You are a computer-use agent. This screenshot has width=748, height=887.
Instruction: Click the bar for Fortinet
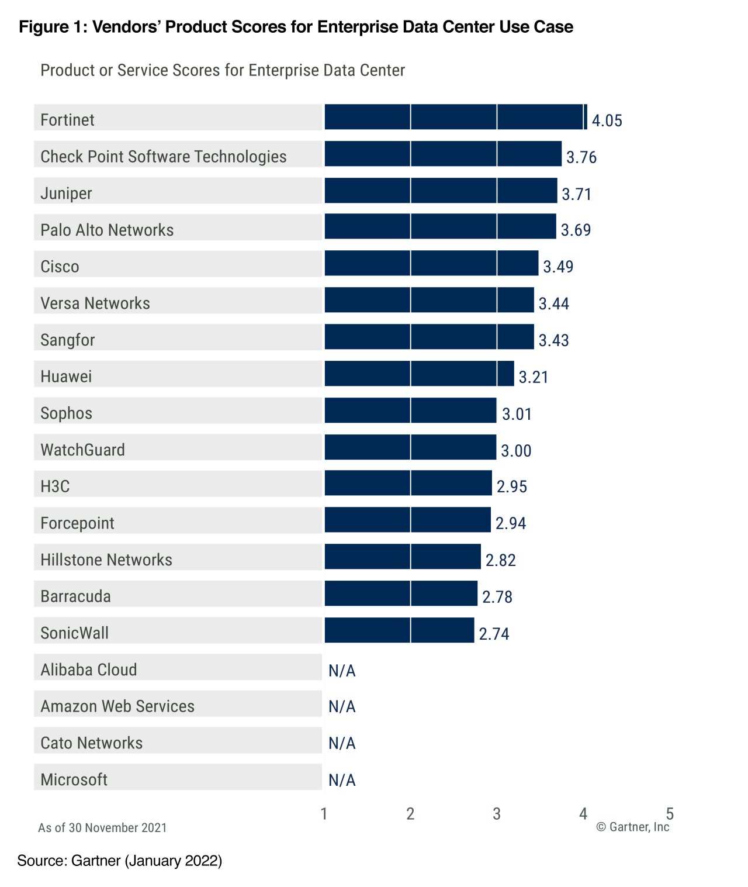point(455,117)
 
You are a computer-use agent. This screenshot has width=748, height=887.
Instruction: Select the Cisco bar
point(431,263)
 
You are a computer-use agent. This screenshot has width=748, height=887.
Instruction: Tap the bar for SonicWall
point(399,630)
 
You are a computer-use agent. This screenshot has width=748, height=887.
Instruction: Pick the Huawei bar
point(419,374)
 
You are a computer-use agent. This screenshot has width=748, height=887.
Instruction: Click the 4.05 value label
point(607,120)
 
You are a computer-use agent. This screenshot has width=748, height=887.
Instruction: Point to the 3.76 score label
point(581,157)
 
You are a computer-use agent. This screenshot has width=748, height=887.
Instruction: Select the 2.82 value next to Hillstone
point(500,560)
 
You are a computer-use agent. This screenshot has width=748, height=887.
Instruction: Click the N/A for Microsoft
point(342,780)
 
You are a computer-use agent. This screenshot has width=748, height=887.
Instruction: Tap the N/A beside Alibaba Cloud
point(342,670)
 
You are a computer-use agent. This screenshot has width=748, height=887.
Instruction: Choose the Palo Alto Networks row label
point(107,230)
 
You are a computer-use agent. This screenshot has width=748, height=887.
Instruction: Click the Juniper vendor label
point(66,193)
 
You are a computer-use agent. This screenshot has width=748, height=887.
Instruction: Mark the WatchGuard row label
point(82,450)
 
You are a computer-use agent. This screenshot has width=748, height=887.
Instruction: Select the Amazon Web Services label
point(117,706)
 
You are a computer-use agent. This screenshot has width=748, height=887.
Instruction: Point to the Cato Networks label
point(91,743)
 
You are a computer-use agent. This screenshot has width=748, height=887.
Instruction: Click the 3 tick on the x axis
point(496,813)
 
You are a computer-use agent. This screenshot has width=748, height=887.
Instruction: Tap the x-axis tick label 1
point(324,813)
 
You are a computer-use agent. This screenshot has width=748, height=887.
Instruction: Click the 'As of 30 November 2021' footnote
point(102,828)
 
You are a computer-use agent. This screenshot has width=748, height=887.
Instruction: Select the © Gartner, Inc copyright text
point(632,827)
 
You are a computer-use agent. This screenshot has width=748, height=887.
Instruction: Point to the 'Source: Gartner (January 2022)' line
point(119,861)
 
